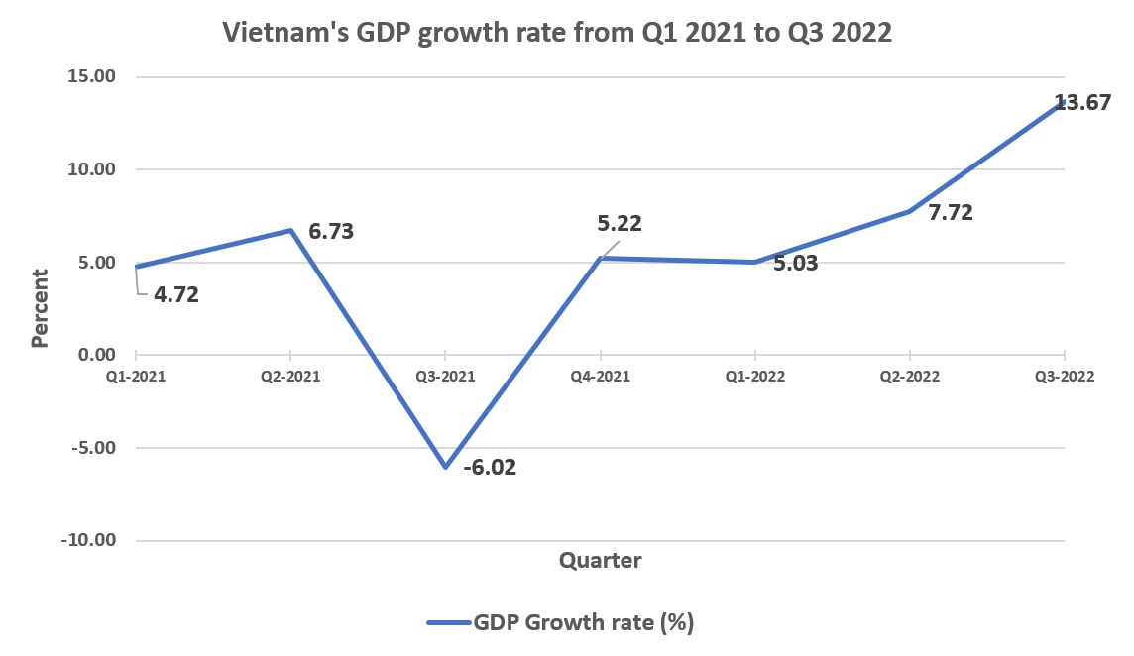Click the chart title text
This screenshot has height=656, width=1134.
[558, 32]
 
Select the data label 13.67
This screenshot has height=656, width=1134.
[1081, 102]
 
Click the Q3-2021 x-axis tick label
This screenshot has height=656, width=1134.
[445, 377]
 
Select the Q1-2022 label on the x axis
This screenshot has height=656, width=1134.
[754, 377]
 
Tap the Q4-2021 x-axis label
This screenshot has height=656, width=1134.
[600, 377]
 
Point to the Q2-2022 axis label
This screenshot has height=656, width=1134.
[909, 377]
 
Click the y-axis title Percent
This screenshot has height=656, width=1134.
[40, 308]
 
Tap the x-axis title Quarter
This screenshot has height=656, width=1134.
[600, 561]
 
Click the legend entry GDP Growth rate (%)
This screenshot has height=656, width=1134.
[582, 622]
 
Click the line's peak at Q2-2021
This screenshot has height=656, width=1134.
[290, 230]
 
